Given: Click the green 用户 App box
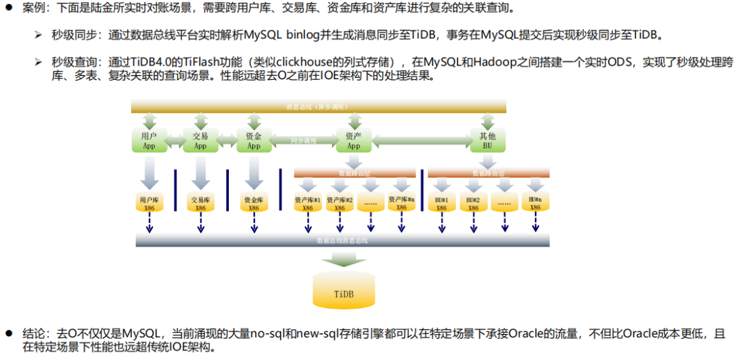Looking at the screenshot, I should pyautogui.click(x=148, y=141).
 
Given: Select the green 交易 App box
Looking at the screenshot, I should pyautogui.click(x=200, y=141).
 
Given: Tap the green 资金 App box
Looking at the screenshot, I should pyautogui.click(x=254, y=141).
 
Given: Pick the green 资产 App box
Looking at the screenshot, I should pyautogui.click(x=353, y=141).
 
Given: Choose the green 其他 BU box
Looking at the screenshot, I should pyautogui.click(x=487, y=141).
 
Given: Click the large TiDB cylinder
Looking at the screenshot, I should pyautogui.click(x=344, y=291).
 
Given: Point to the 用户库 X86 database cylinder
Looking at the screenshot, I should pyautogui.click(x=150, y=204).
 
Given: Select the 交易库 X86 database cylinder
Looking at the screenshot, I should pyautogui.click(x=201, y=204).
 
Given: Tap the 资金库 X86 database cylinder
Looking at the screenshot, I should pyautogui.click(x=254, y=204).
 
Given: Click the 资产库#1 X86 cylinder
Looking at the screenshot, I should pyautogui.click(x=307, y=204).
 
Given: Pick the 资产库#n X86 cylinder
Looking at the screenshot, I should pyautogui.click(x=402, y=203).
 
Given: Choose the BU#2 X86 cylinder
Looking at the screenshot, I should pyautogui.click(x=473, y=204).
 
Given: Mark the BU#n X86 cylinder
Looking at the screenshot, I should pyautogui.click(x=535, y=203).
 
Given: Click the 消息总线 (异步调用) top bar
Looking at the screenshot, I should pyautogui.click(x=318, y=106).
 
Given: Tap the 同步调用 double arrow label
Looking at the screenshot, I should pyautogui.click(x=303, y=141).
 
